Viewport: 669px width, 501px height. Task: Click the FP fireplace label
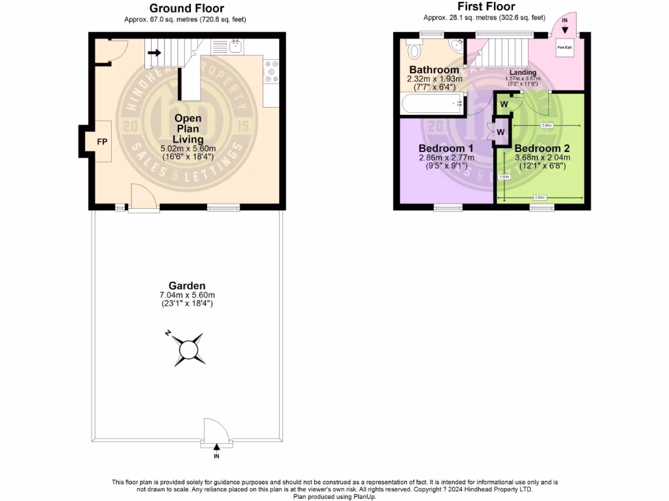point(102,141)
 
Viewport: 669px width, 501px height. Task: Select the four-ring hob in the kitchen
point(271,71)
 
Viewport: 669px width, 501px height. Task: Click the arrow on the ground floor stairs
point(155,52)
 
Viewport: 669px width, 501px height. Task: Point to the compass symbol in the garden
point(189,350)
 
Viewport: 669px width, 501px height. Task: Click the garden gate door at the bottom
point(216,433)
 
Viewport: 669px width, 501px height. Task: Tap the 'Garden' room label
point(187,286)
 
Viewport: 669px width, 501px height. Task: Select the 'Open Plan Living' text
point(188,129)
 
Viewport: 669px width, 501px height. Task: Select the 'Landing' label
point(523,72)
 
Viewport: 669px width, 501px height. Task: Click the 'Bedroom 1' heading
point(446,148)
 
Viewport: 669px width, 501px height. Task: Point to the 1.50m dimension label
point(504,176)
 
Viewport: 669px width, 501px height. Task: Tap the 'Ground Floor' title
point(186,8)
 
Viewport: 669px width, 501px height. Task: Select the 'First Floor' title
point(486,7)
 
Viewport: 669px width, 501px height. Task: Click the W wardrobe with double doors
point(500,132)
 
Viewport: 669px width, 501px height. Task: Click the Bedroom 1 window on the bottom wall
point(446,208)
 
